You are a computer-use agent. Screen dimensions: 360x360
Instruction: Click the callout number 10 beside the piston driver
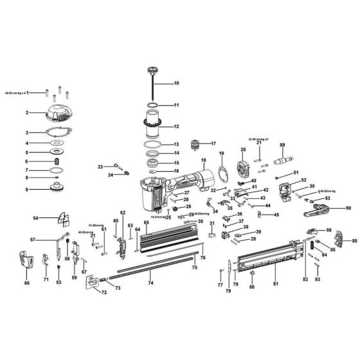pyautogui.click(x=177, y=84)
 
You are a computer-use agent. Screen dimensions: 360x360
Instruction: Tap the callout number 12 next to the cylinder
pyautogui.click(x=177, y=127)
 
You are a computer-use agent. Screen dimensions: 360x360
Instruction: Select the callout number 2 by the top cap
pyautogui.click(x=27, y=113)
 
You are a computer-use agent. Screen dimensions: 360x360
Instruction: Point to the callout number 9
pyautogui.click(x=27, y=190)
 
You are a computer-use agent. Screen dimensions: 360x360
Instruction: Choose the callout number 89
pyautogui.click(x=282, y=145)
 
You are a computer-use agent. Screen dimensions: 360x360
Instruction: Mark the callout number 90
pyautogui.click(x=348, y=208)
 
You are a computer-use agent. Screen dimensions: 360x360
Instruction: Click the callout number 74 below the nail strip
pyautogui.click(x=150, y=283)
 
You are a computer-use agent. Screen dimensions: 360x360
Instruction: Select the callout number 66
pyautogui.click(x=26, y=283)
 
